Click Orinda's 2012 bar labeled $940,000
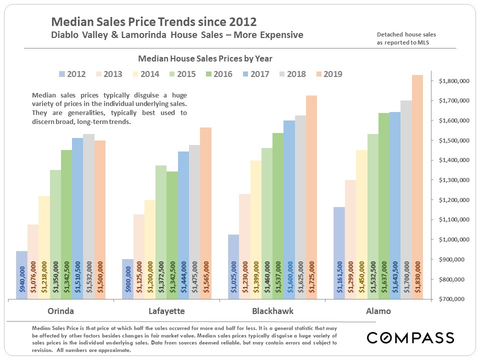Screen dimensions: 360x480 coord(21,275)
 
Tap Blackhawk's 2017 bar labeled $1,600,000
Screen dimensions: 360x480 coord(289,210)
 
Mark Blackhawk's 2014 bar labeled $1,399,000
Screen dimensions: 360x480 coord(255,230)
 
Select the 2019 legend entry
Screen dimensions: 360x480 coord(328,74)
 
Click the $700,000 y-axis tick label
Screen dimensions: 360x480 coord(454,299)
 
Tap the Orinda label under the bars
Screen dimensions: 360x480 coord(61,311)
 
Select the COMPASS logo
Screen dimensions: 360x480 coord(410,337)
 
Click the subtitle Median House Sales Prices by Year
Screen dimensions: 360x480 coord(205,58)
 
